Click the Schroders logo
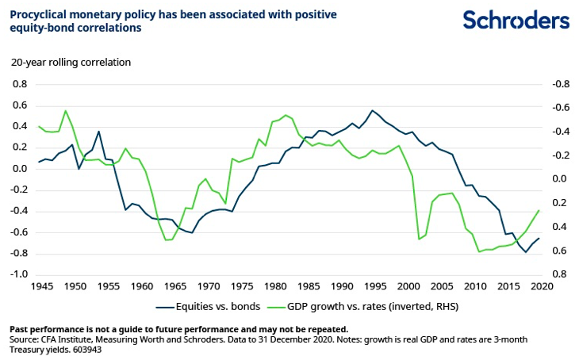click(516, 20)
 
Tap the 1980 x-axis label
click(275, 285)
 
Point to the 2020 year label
click(542, 285)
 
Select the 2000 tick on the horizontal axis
click(408, 285)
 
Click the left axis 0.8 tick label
click(18, 83)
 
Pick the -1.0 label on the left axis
click(17, 274)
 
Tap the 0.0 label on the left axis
click(18, 168)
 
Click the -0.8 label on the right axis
click(559, 83)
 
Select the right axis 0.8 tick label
click(560, 274)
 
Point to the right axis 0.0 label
click(560, 179)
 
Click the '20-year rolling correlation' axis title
click(70, 62)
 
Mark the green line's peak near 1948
click(65, 110)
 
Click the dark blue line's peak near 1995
click(372, 110)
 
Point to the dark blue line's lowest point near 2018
click(525, 252)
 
